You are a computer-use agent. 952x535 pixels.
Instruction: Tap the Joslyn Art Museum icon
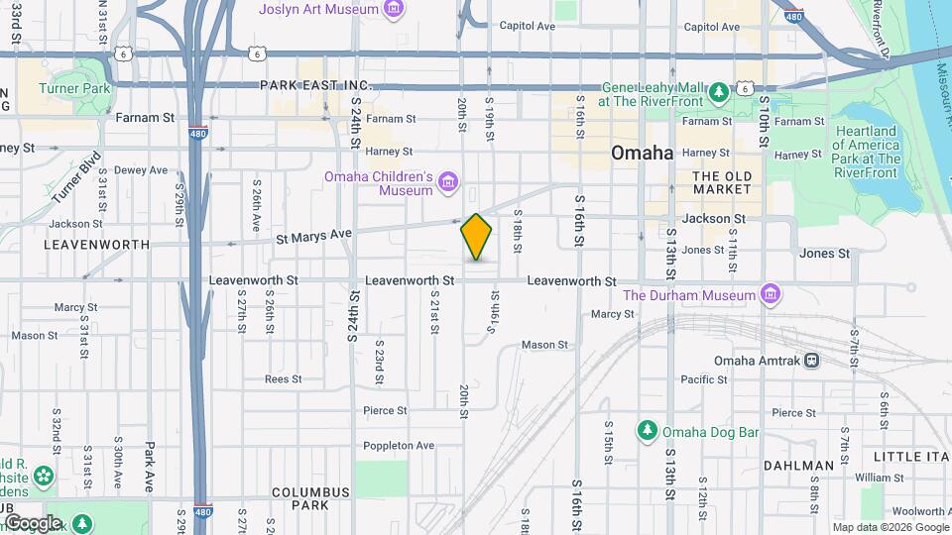point(394,10)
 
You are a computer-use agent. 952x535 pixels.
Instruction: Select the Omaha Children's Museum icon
point(447,181)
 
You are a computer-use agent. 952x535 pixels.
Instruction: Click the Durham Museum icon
point(769,295)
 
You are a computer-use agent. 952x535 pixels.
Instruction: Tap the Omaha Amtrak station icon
point(812,361)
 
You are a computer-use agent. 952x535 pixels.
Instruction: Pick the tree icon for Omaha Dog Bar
point(647,431)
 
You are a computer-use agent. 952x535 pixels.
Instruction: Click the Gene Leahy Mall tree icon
point(718,93)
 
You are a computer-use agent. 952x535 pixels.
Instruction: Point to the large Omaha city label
point(642,154)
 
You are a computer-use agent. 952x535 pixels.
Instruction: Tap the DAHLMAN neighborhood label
point(799,465)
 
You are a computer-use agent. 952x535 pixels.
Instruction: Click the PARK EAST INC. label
point(314,86)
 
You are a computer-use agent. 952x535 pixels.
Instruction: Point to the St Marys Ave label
point(313,235)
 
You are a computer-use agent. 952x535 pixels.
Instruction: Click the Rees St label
point(283,378)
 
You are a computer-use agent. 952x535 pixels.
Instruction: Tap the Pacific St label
point(704,379)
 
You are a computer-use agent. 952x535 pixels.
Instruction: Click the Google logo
point(33,522)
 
